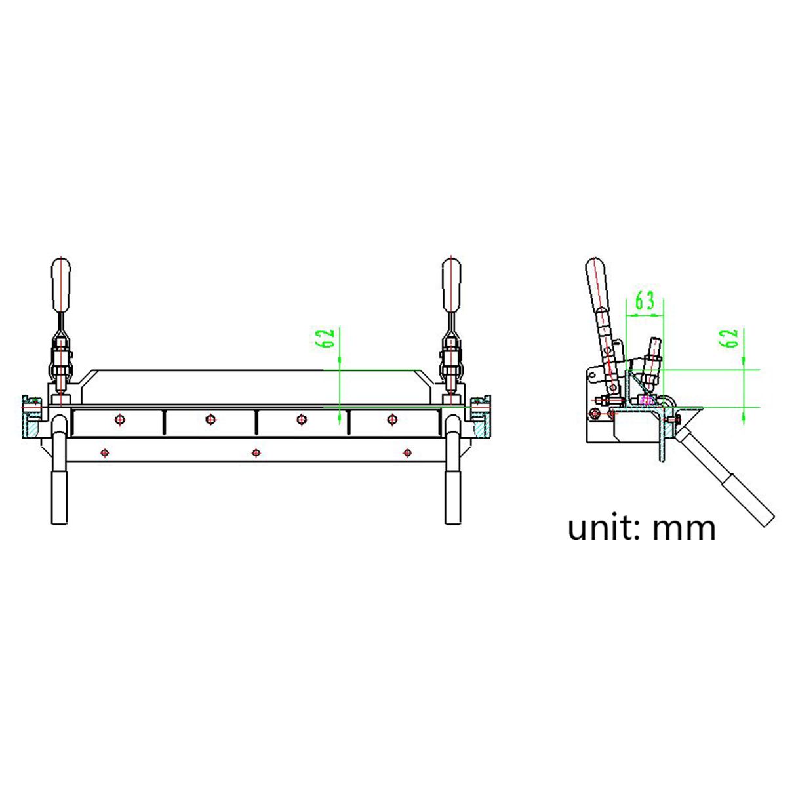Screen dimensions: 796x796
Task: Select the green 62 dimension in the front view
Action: (326, 338)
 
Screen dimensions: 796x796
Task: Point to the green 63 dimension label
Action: (645, 301)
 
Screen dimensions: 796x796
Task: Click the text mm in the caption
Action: (683, 528)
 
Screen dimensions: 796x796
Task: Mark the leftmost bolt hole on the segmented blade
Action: (119, 419)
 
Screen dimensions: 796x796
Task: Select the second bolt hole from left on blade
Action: (210, 419)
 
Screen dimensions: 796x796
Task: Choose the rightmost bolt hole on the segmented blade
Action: (392, 419)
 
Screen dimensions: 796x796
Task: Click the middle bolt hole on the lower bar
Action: (256, 452)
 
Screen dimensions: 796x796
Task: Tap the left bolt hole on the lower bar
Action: (105, 452)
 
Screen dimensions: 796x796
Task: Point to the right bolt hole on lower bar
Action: (407, 452)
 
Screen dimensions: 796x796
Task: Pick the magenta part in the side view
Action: (647, 399)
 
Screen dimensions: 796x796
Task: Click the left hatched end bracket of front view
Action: (32, 430)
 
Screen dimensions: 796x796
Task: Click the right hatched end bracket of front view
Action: (481, 430)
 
